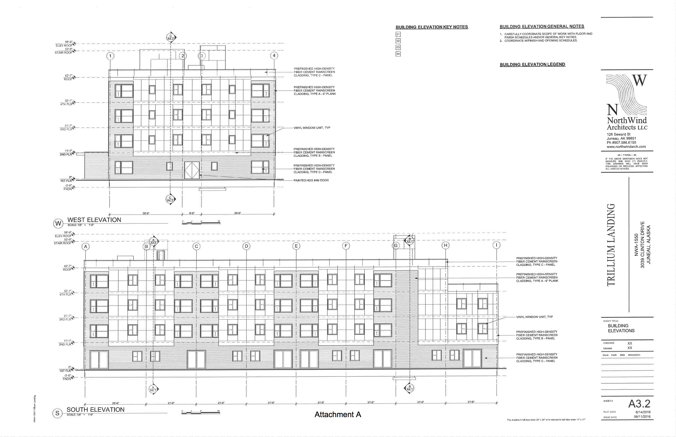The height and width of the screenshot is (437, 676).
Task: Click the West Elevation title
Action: (94, 220)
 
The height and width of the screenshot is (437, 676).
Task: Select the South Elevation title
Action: (95, 409)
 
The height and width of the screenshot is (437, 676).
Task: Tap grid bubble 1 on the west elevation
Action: (110, 56)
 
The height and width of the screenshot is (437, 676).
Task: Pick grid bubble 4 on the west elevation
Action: (274, 56)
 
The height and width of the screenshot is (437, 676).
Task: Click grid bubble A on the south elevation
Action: (85, 246)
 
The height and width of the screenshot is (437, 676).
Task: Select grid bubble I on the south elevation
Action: (497, 245)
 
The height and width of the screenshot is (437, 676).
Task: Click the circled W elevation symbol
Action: (58, 224)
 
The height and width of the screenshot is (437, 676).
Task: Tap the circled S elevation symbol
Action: (57, 413)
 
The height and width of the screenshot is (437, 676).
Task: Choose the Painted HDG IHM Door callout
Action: (311, 180)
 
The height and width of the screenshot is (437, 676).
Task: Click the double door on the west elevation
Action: (192, 170)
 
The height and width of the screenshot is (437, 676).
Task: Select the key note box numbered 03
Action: (398, 47)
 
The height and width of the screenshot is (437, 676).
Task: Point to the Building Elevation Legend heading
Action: (532, 64)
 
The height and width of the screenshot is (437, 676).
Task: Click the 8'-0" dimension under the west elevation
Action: (192, 213)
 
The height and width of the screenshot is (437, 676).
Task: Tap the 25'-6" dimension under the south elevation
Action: (115, 403)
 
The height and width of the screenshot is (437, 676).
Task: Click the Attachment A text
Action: (338, 414)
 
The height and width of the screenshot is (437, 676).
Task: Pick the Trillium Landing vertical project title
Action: (611, 245)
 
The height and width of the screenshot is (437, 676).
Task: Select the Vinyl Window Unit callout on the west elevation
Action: (312, 128)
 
